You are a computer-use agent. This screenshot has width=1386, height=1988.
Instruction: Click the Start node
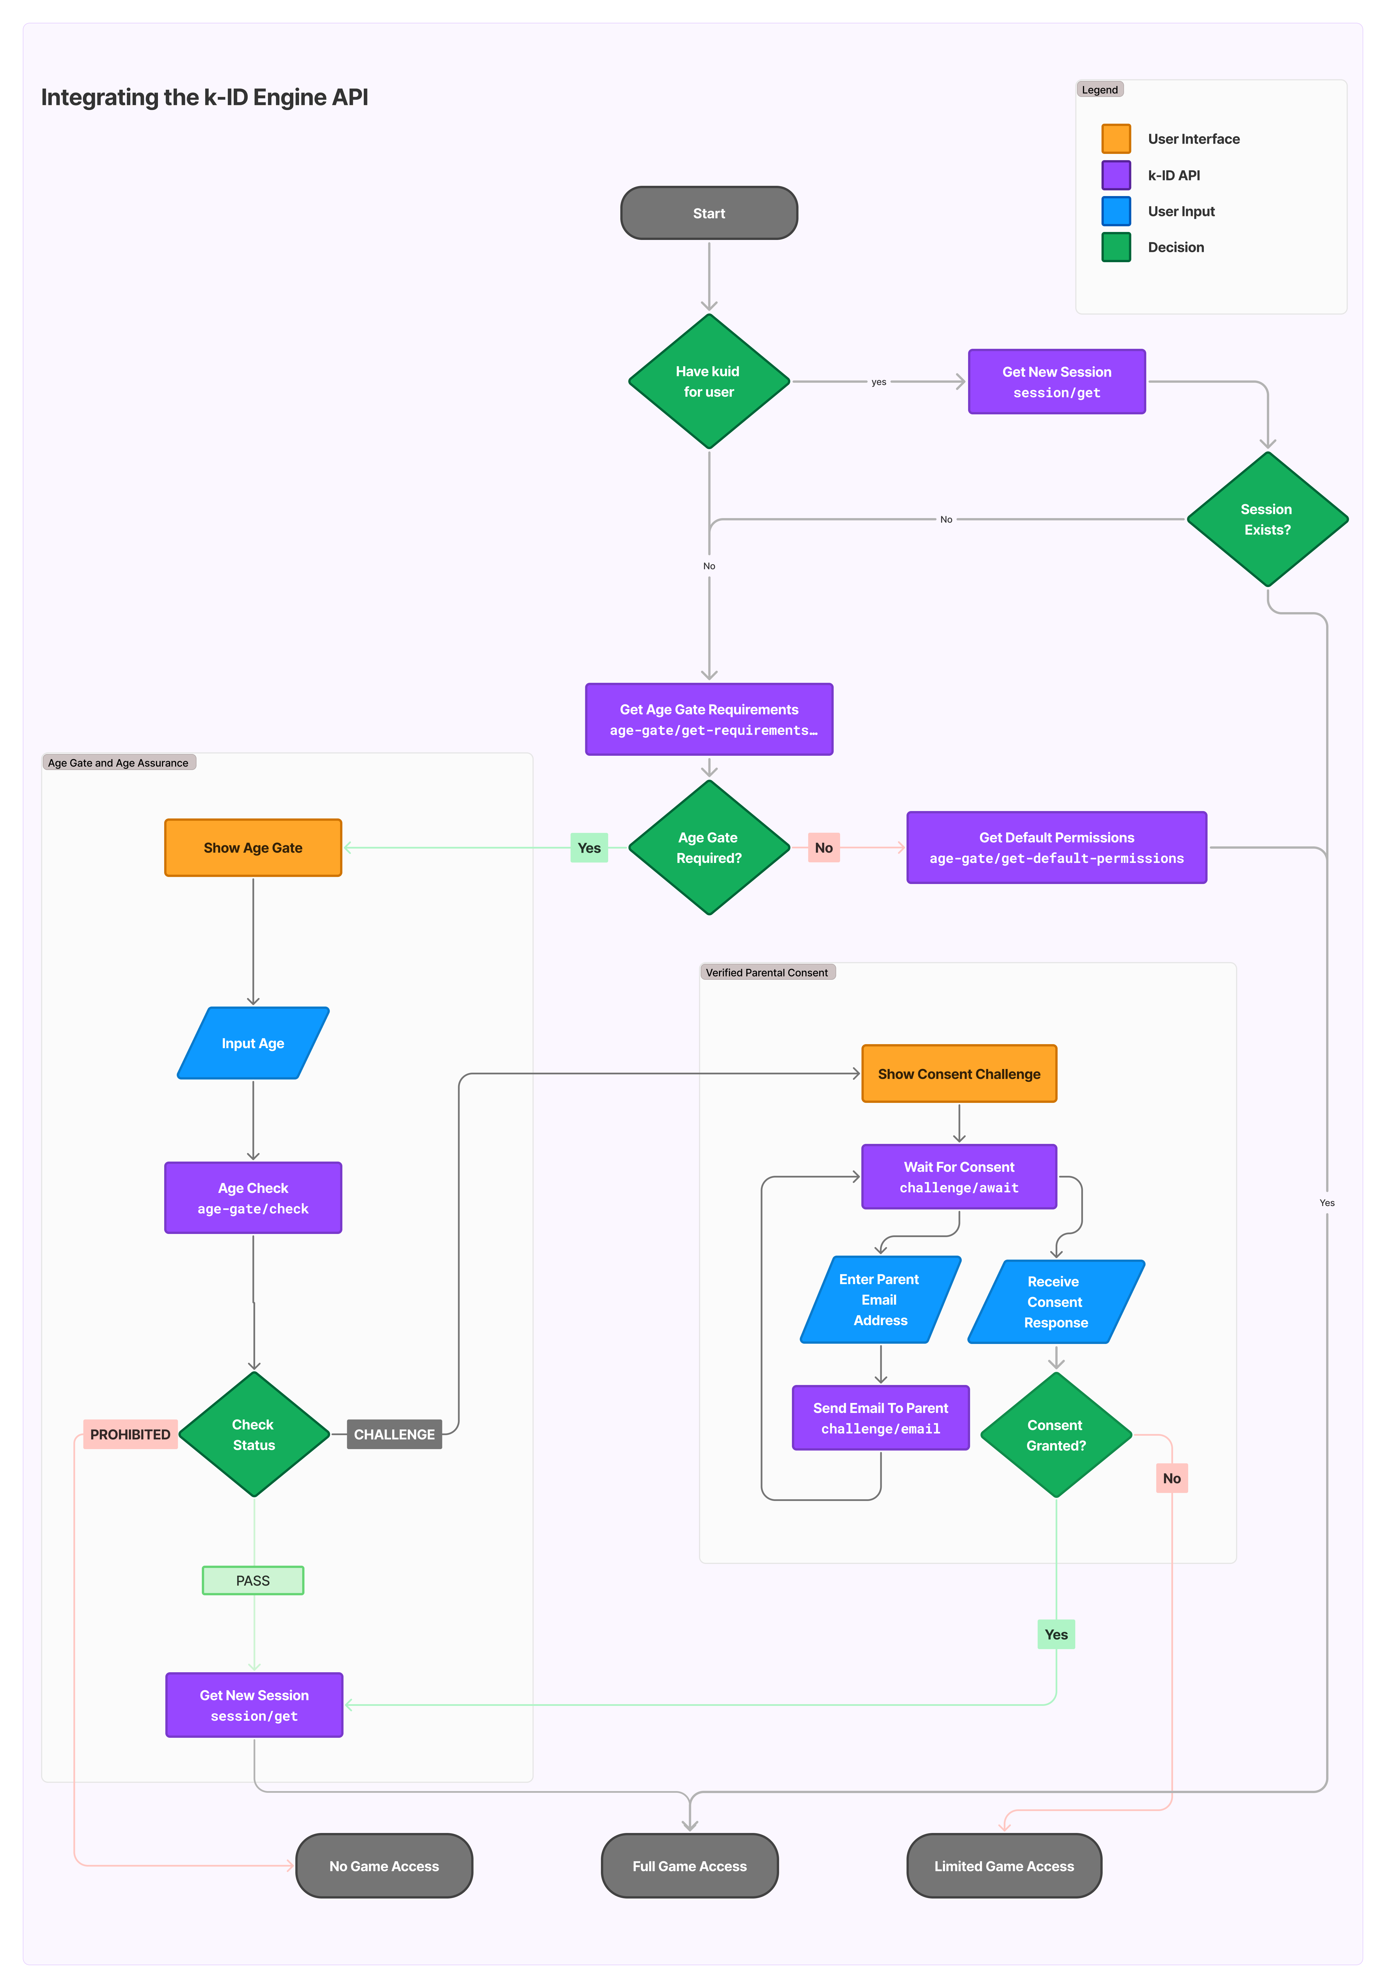[709, 213]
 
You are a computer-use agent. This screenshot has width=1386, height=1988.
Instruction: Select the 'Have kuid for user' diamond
[709, 381]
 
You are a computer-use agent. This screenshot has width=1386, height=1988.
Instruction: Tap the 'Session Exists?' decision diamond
[1267, 520]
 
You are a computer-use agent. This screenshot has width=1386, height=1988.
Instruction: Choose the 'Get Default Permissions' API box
[1056, 848]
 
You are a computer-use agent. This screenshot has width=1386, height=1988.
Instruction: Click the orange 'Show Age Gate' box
[253, 848]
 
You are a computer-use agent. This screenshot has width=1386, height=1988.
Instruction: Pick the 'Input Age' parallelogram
[253, 1043]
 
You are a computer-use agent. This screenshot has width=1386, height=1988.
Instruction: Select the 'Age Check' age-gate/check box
[253, 1197]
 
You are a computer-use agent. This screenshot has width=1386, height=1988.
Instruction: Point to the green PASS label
[253, 1580]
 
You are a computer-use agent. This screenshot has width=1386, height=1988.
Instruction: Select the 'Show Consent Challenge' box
[959, 1074]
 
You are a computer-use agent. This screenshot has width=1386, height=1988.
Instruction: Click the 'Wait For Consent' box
[959, 1177]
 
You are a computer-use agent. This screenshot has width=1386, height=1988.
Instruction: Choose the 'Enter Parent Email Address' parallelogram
[880, 1300]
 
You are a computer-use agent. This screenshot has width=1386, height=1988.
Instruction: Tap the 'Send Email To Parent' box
[880, 1417]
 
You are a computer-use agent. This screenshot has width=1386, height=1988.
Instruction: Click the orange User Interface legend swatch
[1116, 138]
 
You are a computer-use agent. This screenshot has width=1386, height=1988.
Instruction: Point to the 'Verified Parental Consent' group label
[767, 972]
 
